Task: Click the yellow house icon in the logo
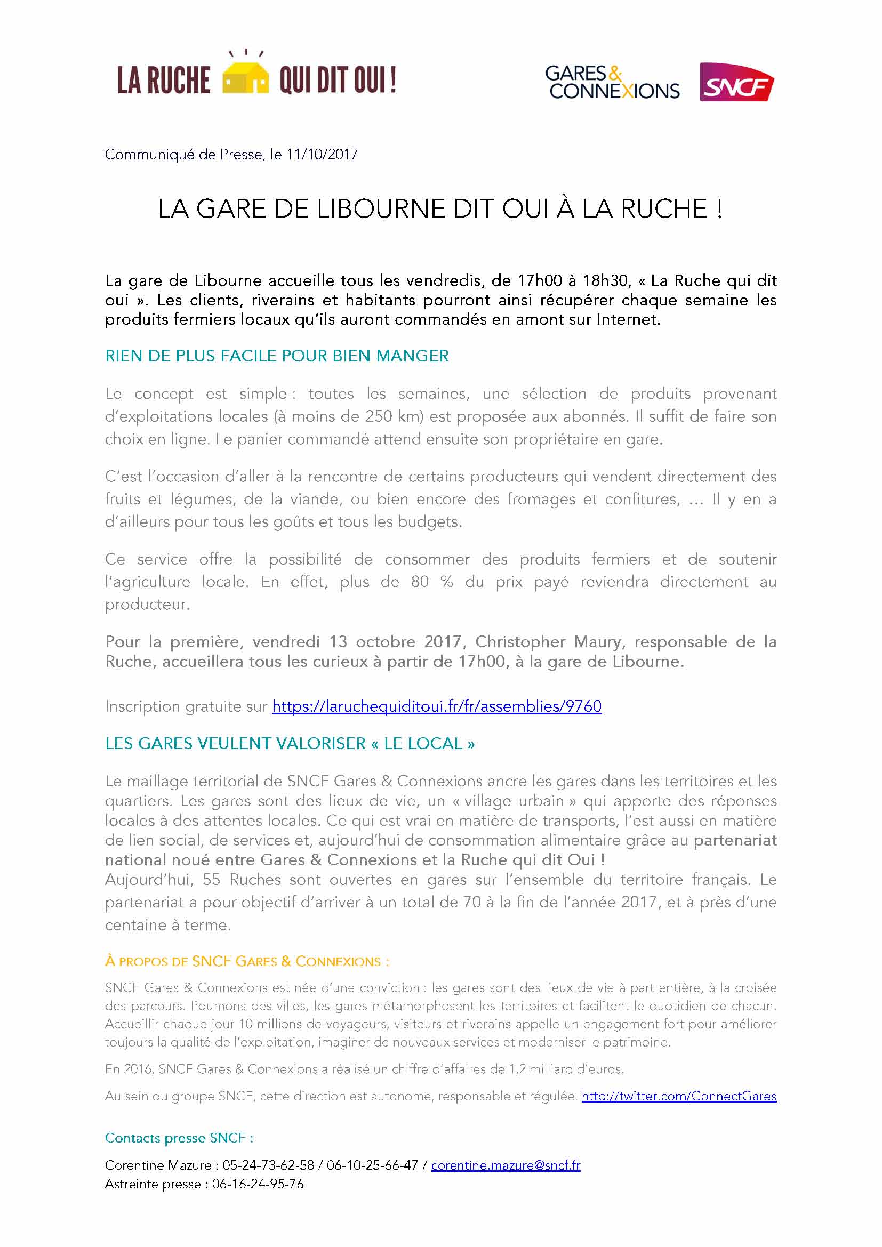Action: pos(246,78)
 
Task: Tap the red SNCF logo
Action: pos(736,83)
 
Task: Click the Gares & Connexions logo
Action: pos(612,83)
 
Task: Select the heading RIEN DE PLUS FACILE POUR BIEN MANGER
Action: pos(277,356)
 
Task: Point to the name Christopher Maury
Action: pos(548,642)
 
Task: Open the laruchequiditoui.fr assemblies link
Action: pos(437,706)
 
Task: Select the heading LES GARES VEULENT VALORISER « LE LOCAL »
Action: pos(290,744)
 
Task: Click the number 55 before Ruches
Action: pos(211,879)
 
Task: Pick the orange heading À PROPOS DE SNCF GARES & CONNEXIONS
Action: pos(246,961)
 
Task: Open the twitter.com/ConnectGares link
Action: pos(679,1096)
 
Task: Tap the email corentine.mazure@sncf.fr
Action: pos(505,1165)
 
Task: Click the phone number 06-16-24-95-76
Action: pos(258,1184)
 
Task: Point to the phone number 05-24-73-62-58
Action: pos(268,1165)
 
